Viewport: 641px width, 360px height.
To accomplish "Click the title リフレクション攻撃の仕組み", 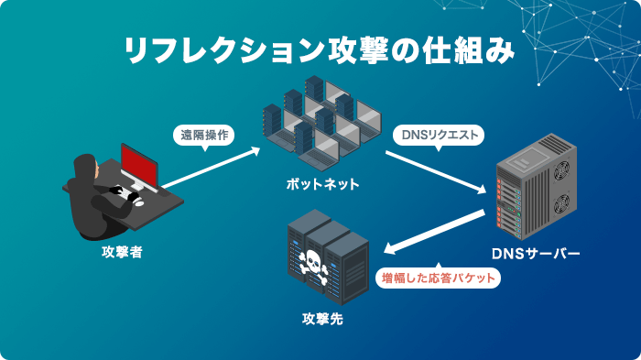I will tap(320, 50).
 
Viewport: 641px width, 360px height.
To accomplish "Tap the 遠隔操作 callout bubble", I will tap(204, 135).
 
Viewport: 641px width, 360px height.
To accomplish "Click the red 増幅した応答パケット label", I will tap(439, 278).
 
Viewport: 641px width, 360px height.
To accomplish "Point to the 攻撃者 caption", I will tap(122, 250).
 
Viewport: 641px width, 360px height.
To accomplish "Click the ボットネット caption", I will tap(321, 184).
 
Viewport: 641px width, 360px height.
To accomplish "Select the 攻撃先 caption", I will tap(323, 320).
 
